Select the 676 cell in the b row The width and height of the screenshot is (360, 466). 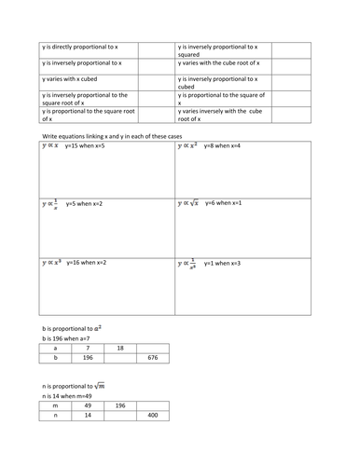pyautogui.click(x=154, y=356)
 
